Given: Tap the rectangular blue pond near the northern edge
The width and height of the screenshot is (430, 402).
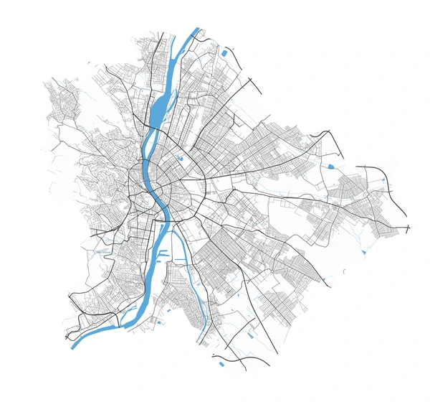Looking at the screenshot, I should [x=224, y=52].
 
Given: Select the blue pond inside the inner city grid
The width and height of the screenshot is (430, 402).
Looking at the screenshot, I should [x=180, y=158].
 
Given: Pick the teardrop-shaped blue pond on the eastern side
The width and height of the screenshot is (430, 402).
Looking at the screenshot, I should [x=330, y=167].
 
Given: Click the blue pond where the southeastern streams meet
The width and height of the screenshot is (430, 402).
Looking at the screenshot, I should [x=365, y=253].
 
